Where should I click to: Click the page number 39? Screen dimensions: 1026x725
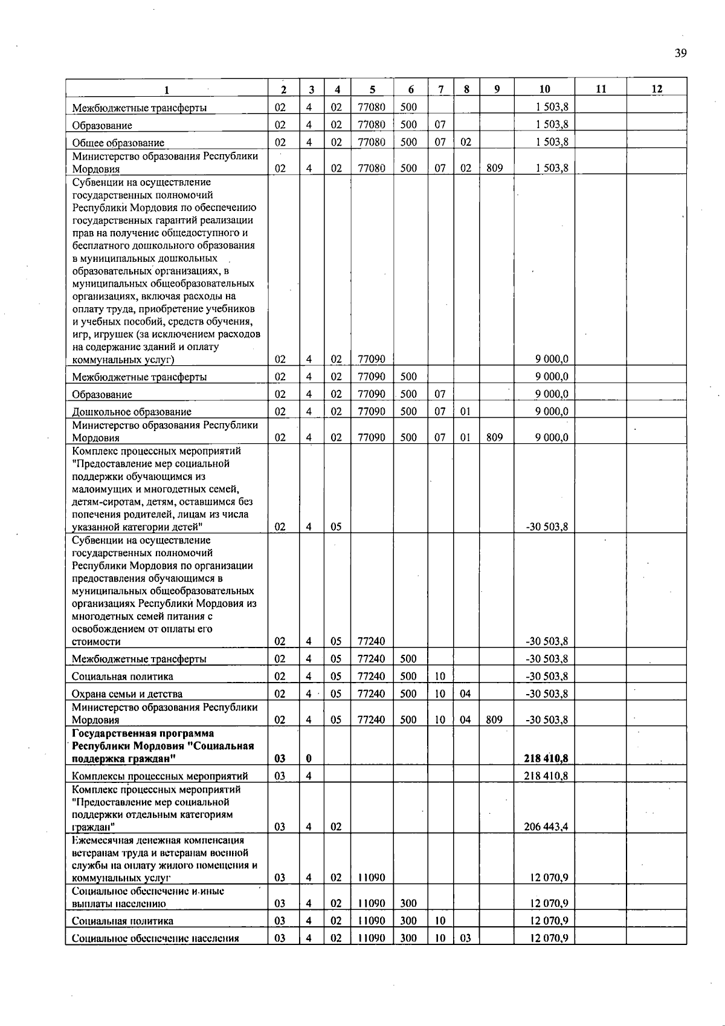point(680,53)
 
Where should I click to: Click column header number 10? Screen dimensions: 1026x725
point(544,89)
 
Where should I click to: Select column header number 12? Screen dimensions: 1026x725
point(657,89)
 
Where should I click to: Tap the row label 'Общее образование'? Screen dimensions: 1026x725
point(118,143)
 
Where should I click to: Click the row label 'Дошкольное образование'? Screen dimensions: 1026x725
point(132,412)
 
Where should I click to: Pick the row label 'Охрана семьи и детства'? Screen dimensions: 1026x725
point(127,694)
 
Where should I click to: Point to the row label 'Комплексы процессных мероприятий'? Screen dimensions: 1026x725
point(159,776)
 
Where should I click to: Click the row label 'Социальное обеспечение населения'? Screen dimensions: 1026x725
point(155,938)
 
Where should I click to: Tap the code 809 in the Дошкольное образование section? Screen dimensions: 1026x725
point(494,438)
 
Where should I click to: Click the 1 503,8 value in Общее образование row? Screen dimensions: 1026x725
point(551,142)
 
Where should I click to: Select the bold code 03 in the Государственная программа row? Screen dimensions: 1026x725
point(280,758)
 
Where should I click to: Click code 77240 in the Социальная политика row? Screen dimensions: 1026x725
point(371,676)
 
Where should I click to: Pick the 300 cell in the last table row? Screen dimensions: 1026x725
point(408,938)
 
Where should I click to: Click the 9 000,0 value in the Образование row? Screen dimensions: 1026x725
point(551,394)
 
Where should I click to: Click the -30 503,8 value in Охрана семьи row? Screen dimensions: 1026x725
point(547,694)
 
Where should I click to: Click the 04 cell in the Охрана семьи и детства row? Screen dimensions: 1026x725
point(465,694)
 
